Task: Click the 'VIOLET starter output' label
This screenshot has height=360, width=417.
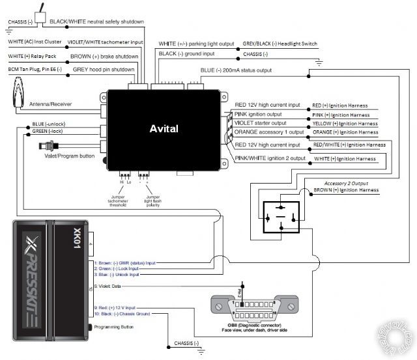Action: [260, 123]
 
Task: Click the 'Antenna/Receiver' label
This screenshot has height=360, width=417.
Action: [50, 104]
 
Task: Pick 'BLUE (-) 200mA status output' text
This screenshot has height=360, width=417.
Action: [236, 70]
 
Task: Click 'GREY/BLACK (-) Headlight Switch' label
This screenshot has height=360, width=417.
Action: [280, 44]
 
